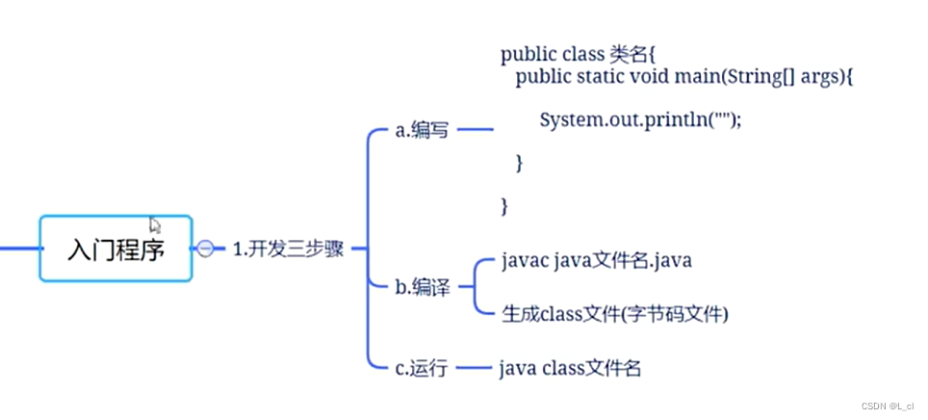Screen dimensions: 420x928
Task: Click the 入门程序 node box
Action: [x=116, y=249]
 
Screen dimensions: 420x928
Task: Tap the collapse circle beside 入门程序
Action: [x=206, y=249]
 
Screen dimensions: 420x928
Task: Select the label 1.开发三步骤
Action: [x=288, y=249]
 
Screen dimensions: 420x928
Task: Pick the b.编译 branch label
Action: [x=422, y=287]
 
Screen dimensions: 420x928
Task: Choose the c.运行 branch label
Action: [x=422, y=368]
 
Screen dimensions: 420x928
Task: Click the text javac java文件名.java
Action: [x=597, y=261]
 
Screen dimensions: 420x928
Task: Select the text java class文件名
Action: [x=570, y=368]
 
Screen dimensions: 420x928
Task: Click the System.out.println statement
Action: [x=641, y=120]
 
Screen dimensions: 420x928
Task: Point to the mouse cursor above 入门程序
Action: [x=154, y=223]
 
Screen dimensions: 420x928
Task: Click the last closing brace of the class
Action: [x=504, y=205]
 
